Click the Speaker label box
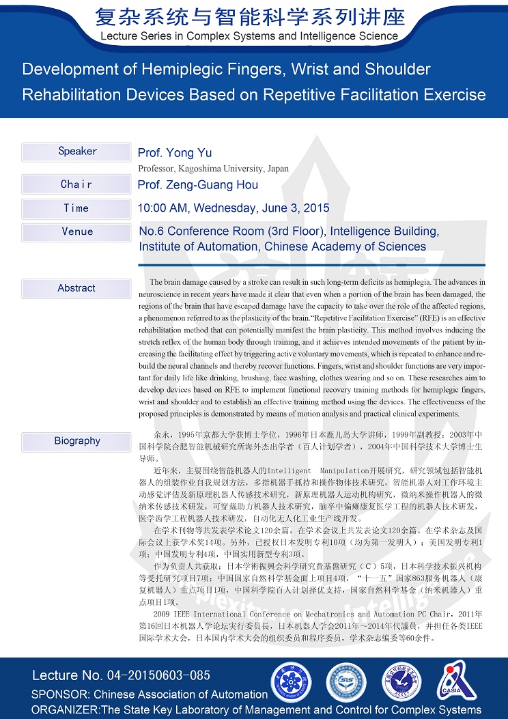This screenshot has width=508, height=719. (x=76, y=152)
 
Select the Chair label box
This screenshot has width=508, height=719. (x=76, y=184)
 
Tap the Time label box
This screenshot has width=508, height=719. (x=76, y=208)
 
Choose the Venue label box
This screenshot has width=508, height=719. (x=76, y=232)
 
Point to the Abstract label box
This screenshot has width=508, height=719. (x=76, y=288)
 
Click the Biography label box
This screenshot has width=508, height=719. (x=76, y=441)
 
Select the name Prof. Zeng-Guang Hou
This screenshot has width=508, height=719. (x=198, y=185)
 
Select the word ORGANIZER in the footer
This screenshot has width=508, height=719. (x=65, y=710)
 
